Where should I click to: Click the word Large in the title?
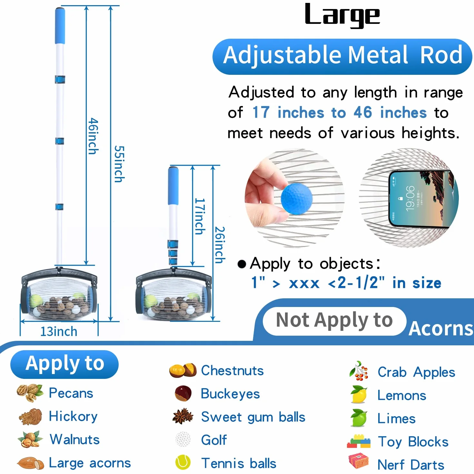pos(342,16)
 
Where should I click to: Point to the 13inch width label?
pos(59,331)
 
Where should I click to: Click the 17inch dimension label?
pos(200,216)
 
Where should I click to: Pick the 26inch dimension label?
pos(220,245)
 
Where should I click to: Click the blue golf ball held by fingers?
pos(297,199)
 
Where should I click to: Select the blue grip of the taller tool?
pos(60,26)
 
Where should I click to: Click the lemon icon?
pos(358,395)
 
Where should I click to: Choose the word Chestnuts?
pos(232,370)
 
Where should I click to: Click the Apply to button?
pos(64,364)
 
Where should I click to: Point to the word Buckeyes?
pos(230,394)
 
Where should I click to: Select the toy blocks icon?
pos(359,441)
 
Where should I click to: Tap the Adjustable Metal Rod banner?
pos(342,56)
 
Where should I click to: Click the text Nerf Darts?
pos(411,465)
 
